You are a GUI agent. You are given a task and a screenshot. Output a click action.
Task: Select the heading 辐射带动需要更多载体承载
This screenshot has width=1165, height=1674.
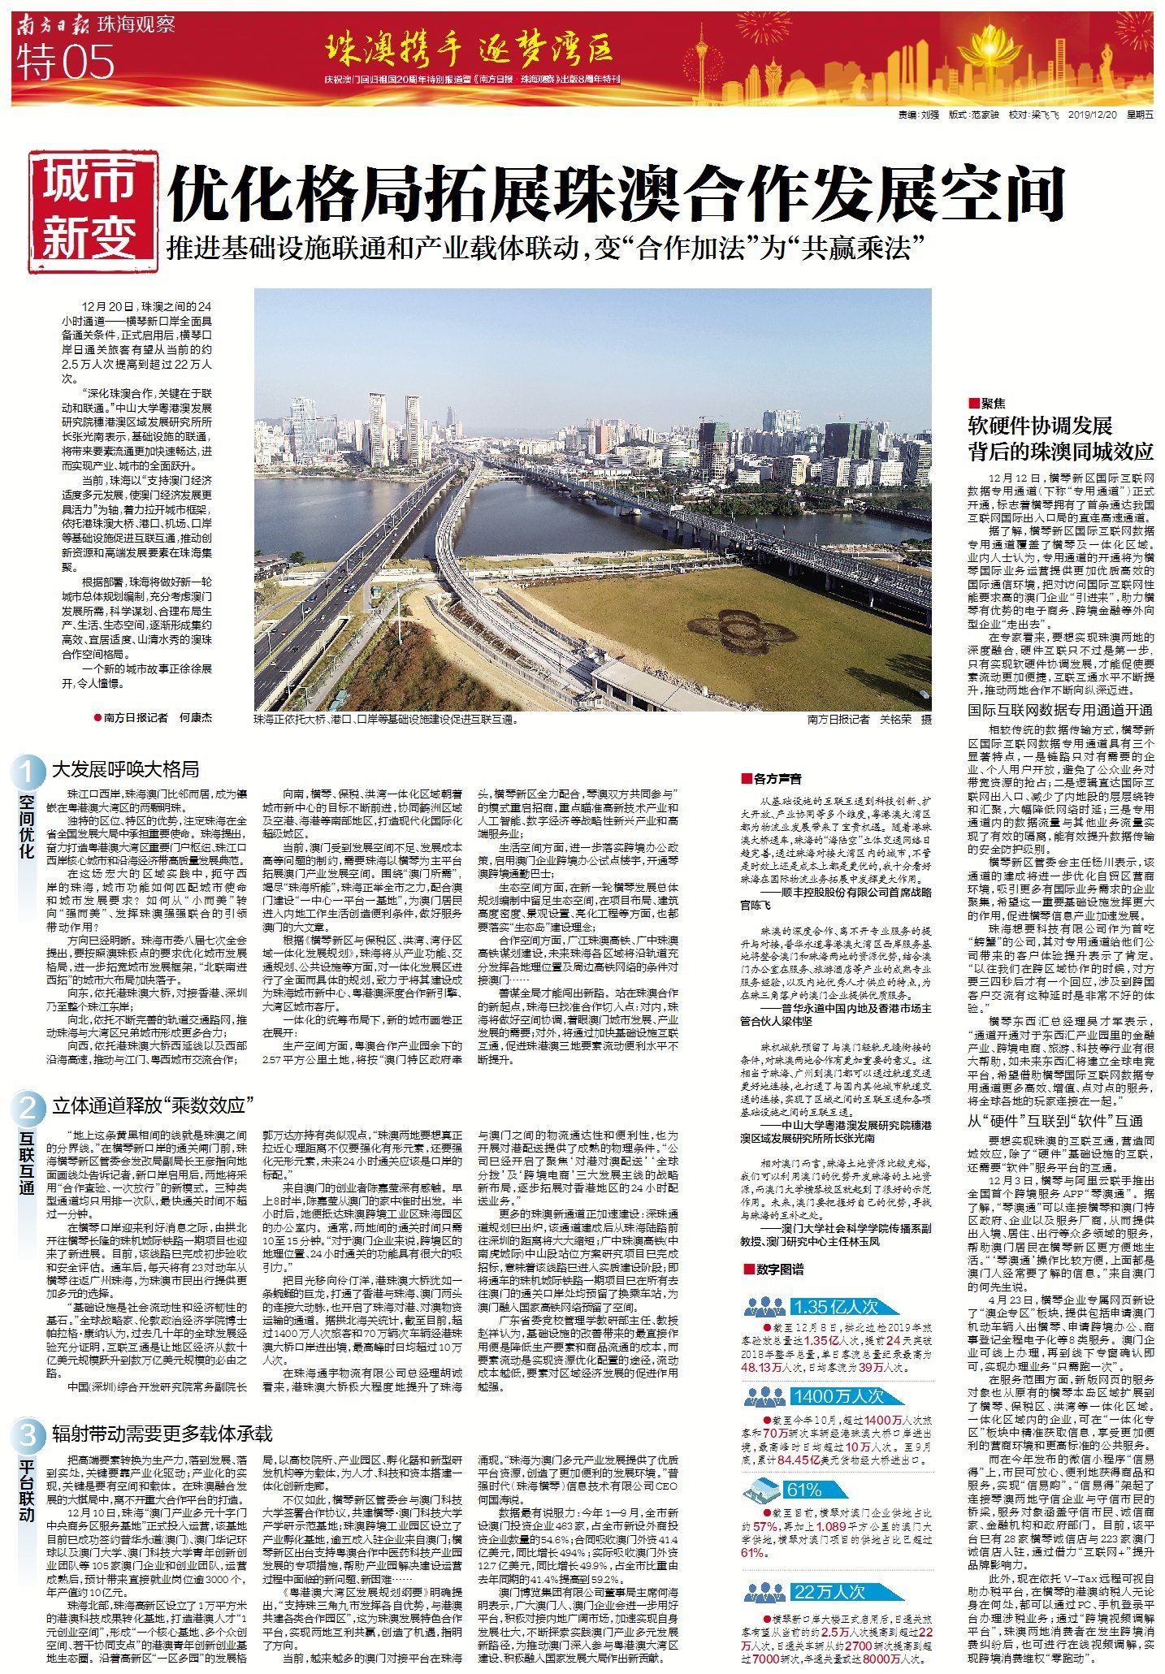162,1434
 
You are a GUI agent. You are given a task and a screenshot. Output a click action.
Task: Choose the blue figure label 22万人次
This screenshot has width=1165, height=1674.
829,1592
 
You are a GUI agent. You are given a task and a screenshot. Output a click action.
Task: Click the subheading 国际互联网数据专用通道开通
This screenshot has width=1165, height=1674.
1059,710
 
